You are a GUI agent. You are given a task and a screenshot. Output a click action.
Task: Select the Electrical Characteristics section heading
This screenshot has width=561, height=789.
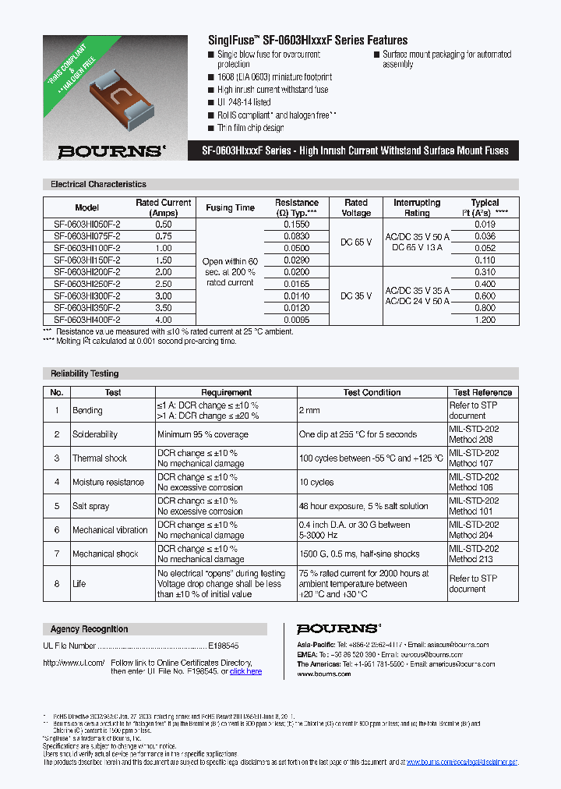click(x=98, y=185)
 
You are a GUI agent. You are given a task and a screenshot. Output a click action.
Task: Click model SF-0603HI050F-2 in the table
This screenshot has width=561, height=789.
click(x=86, y=224)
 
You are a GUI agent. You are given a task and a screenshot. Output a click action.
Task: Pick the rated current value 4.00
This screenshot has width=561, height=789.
click(x=164, y=319)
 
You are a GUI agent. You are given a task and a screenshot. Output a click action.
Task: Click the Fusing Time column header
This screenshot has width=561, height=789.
click(x=230, y=207)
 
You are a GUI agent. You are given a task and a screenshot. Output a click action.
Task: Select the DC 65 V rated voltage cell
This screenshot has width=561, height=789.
click(x=356, y=242)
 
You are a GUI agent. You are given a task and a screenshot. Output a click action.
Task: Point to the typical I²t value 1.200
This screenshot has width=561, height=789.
click(x=485, y=319)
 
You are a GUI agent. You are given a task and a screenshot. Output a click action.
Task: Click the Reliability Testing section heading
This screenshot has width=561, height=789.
click(x=85, y=373)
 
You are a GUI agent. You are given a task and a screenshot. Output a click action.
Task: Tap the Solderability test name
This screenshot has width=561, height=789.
click(x=95, y=434)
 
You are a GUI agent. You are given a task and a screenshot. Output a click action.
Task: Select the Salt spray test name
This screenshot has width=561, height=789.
click(x=90, y=506)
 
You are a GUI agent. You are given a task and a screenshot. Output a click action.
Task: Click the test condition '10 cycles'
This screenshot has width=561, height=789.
click(x=316, y=482)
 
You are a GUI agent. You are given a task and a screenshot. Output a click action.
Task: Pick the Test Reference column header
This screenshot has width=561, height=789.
click(x=482, y=392)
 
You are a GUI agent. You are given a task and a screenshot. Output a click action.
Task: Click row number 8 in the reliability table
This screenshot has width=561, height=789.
click(x=56, y=583)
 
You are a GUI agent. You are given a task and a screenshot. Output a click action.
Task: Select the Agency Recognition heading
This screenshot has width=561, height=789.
click(x=89, y=629)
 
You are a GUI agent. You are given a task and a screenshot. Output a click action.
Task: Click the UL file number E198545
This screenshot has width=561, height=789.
click(x=223, y=646)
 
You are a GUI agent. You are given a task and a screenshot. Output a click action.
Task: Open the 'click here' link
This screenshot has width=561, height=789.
click(x=245, y=671)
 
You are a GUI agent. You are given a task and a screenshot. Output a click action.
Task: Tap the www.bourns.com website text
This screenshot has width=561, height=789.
click(x=323, y=673)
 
